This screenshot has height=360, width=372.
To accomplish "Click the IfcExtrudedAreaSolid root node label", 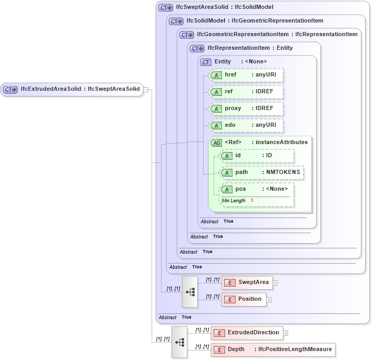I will pyautogui.click(x=80, y=89).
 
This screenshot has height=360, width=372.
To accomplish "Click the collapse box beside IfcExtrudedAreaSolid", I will pyautogui.click(x=146, y=90).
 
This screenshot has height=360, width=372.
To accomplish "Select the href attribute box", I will pyautogui.click(x=246, y=75).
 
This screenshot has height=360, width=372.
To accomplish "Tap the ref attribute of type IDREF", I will pyautogui.click(x=246, y=92).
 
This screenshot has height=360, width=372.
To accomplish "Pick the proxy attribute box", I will pyautogui.click(x=246, y=108).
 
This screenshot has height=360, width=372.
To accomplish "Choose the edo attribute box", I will pyautogui.click(x=246, y=125).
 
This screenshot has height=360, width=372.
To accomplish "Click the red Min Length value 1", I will pyautogui.click(x=252, y=201).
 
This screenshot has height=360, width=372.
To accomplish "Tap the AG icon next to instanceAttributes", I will pyautogui.click(x=216, y=143).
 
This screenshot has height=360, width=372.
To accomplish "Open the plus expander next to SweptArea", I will pyautogui.click(x=275, y=283).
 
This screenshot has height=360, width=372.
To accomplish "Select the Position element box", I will pyautogui.click(x=243, y=299).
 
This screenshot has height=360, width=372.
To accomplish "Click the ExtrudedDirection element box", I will pyautogui.click(x=247, y=333).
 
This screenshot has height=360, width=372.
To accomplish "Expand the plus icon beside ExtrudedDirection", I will pyautogui.click(x=285, y=333).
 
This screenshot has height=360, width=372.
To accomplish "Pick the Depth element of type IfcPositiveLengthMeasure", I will pyautogui.click(x=272, y=350).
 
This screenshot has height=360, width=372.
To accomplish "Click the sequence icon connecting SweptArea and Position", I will pyautogui.click(x=190, y=291).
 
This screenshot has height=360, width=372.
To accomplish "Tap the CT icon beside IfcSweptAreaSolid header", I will pyautogui.click(x=166, y=8).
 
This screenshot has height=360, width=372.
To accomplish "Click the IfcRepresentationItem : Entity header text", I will pyautogui.click(x=250, y=48).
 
